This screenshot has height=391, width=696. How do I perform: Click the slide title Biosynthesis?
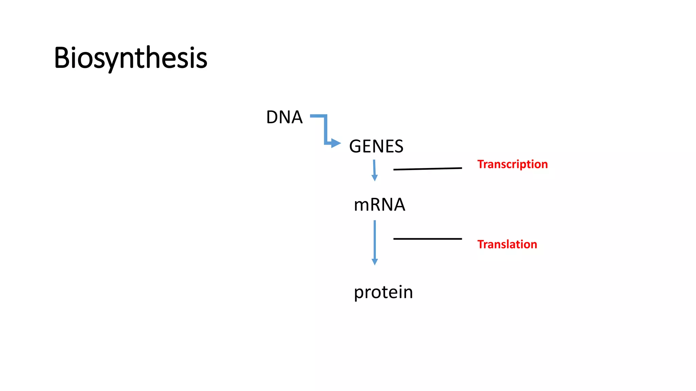[130, 58]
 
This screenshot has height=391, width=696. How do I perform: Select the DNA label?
[284, 117]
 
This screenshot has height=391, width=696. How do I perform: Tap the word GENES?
[376, 147]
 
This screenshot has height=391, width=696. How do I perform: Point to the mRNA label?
[379, 205]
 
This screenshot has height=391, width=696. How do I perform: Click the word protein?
[383, 292]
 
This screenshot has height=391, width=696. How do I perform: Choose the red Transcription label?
[512, 164]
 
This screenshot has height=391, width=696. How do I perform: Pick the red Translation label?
[507, 244]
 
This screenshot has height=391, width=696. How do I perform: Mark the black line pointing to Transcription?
[427, 169]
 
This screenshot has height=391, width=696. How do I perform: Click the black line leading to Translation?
[427, 239]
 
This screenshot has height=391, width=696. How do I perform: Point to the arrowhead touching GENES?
[335, 143]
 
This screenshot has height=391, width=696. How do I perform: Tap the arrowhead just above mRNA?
[375, 178]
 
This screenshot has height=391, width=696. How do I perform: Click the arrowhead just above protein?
[375, 262]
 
